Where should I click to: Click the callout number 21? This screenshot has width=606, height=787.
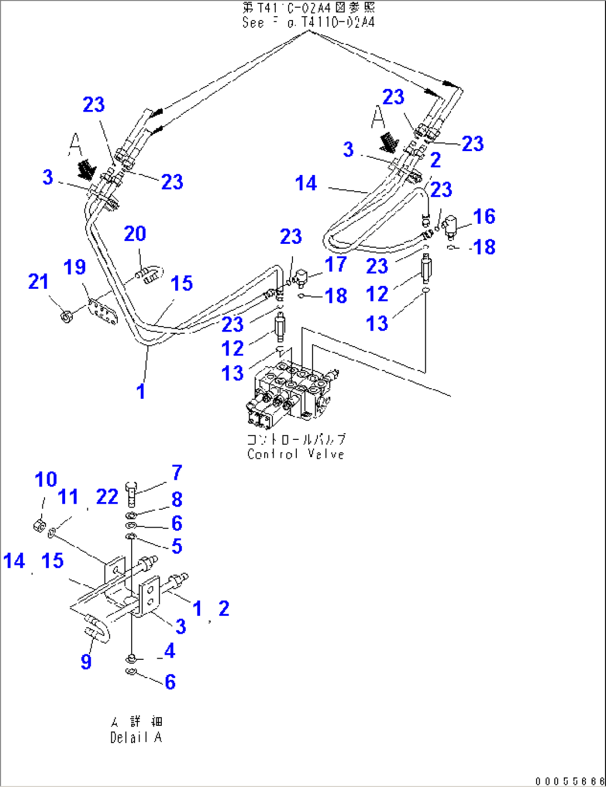pos(38,282)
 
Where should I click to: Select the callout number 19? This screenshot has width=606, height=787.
pos(74,267)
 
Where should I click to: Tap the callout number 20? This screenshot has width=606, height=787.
pos(135,234)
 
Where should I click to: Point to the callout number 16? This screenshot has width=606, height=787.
pos(484,217)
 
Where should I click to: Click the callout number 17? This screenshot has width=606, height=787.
pos(336,264)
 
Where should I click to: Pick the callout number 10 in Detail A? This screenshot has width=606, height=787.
pos(46,479)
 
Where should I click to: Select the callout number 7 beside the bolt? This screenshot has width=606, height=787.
pos(177,473)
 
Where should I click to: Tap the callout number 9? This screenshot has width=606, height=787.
pos(86,661)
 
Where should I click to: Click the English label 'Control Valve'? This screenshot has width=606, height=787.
pos(296,454)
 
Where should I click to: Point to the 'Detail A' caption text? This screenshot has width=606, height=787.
pos(136,738)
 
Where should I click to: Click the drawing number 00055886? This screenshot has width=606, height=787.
pos(569,781)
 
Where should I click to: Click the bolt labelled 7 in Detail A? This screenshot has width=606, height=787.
pos(131,493)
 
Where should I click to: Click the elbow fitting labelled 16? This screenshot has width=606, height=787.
pos(450,225)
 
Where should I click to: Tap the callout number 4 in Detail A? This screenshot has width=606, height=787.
pos(170,650)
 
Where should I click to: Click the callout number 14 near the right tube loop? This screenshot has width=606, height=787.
pos(306,183)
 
